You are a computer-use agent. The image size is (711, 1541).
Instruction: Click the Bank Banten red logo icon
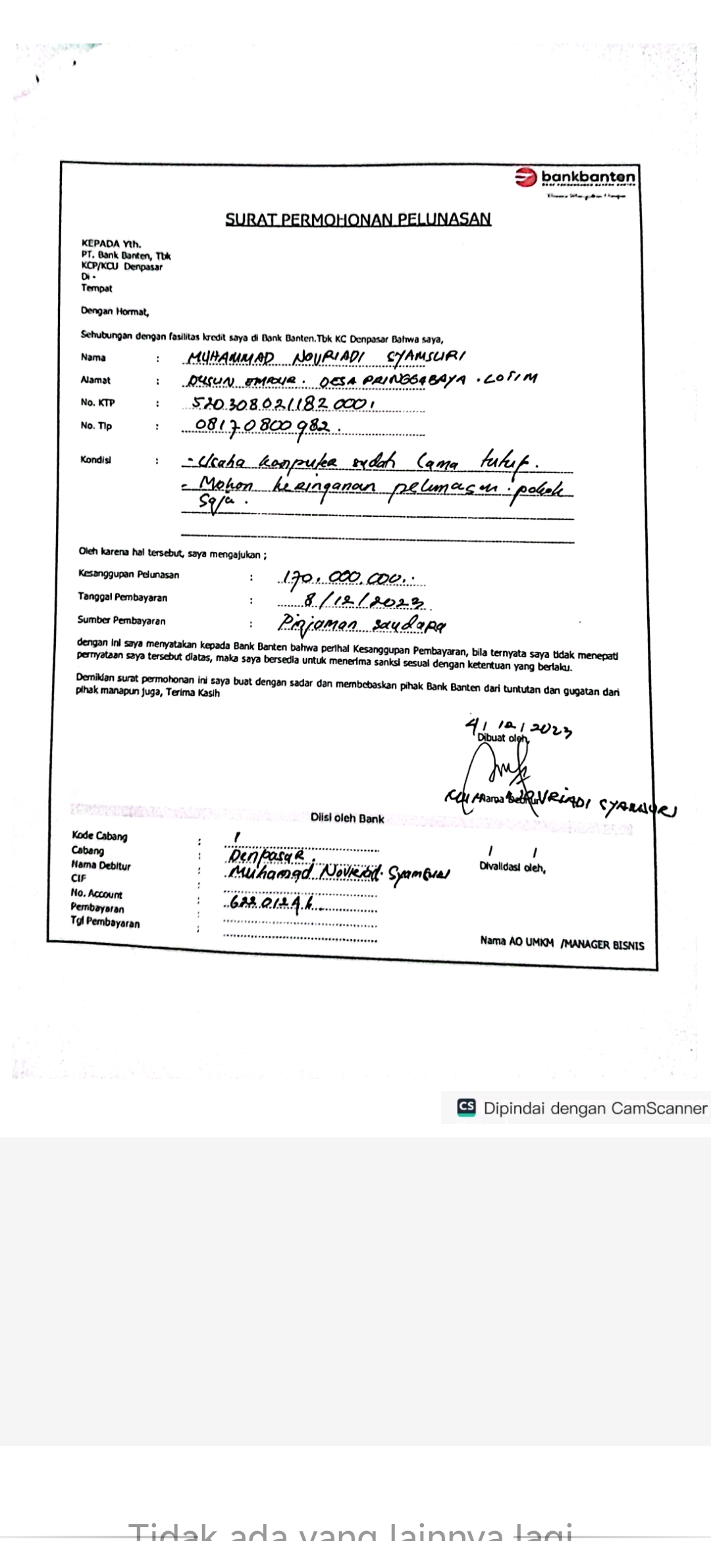[x=526, y=177]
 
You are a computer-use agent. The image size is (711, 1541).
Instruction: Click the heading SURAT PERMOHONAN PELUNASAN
[x=358, y=219]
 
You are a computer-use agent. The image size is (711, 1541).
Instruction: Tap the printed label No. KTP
[x=97, y=403]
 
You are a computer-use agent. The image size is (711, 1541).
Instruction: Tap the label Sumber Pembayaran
[x=121, y=620]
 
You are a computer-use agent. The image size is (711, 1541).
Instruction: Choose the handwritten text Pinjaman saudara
[x=361, y=623]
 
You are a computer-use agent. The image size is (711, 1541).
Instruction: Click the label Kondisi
[x=96, y=460]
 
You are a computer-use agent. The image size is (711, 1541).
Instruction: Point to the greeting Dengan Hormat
[x=115, y=311]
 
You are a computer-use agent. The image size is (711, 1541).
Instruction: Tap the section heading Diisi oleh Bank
[x=347, y=819]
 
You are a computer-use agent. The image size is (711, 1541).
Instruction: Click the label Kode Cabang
[x=99, y=836]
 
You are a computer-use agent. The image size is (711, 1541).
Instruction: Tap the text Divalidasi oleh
[x=512, y=868]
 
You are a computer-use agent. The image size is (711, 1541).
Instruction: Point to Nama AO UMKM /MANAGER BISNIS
[x=562, y=944]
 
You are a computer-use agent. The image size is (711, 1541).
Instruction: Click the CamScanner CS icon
[x=467, y=1107]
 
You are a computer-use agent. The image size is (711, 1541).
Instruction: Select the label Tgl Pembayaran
[x=105, y=923]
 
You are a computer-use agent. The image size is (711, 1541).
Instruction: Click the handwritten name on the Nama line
[x=326, y=358]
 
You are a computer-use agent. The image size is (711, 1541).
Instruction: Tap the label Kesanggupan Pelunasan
[x=128, y=574]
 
